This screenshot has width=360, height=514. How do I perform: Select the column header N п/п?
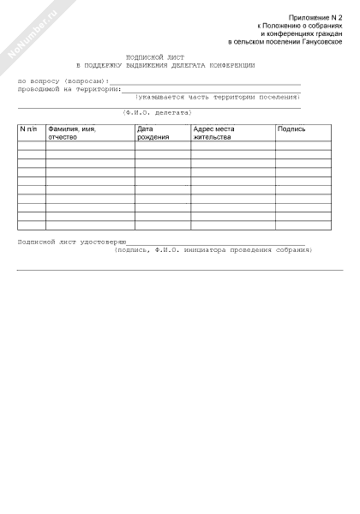28,129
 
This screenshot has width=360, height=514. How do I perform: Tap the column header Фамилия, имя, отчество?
72,133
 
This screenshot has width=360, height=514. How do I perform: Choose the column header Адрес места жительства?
213,133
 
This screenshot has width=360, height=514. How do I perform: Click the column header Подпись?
291,129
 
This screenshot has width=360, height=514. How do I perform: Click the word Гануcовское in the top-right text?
322,42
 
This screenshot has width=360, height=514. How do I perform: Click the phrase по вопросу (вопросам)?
63,80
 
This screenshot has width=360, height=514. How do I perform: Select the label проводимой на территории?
69,88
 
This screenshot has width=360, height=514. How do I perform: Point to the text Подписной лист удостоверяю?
72,242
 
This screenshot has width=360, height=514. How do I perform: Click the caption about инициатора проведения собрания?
214,250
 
